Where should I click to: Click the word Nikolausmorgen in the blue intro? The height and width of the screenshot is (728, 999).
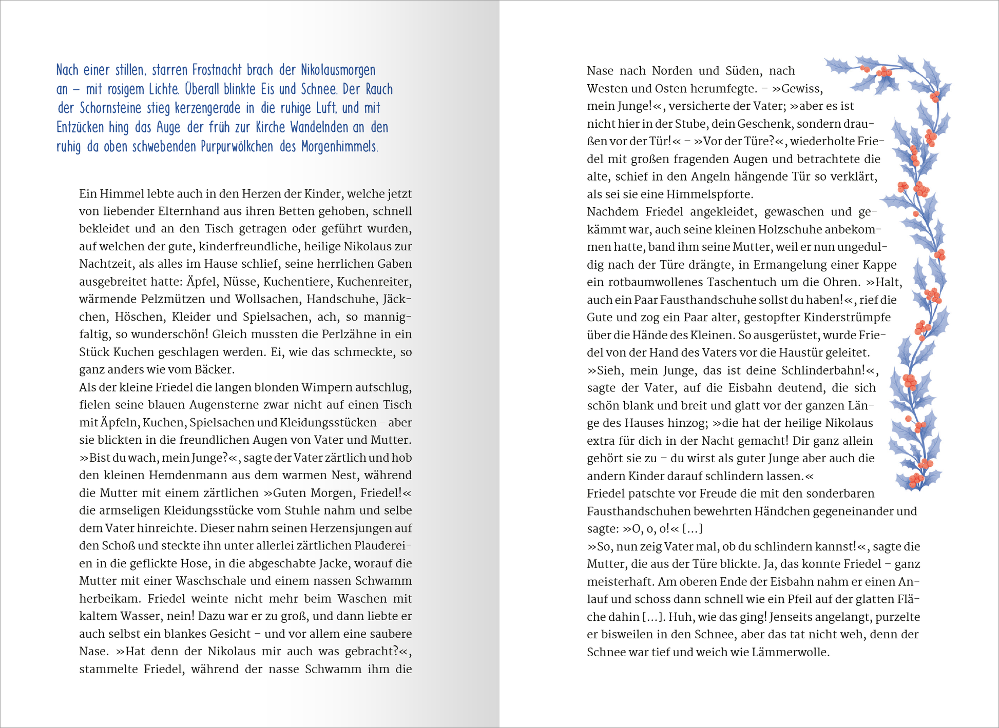point(338,70)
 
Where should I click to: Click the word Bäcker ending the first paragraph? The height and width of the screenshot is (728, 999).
point(214,370)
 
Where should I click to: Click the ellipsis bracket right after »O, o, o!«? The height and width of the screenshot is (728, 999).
point(692,529)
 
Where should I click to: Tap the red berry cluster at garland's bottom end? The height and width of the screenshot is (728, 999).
point(916,480)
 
